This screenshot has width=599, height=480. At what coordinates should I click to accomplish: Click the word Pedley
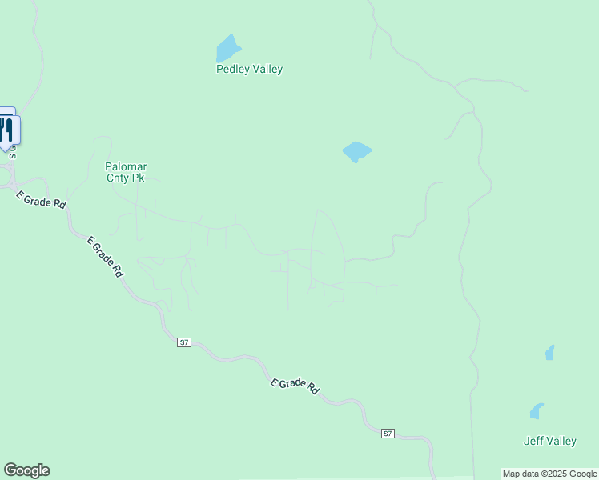[233, 70]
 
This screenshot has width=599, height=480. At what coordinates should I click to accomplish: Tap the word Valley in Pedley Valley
[267, 70]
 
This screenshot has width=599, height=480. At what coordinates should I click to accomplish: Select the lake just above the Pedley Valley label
[227, 49]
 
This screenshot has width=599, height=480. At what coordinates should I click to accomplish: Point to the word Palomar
[127, 166]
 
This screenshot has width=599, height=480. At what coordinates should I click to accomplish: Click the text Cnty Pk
[127, 178]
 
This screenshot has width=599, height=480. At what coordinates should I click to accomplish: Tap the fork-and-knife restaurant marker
[7, 129]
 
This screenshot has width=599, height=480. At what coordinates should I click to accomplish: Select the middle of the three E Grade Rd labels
[105, 256]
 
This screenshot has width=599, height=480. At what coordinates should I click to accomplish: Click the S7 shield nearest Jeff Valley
[388, 433]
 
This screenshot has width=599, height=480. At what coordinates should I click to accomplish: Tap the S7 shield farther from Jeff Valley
[184, 342]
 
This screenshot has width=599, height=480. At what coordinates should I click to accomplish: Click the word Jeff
[534, 441]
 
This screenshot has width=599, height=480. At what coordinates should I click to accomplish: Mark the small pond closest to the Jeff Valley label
[537, 411]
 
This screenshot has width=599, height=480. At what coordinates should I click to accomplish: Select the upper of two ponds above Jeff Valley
[549, 352]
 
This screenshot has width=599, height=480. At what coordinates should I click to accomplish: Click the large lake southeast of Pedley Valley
[356, 150]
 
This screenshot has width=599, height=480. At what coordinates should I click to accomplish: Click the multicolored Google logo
[26, 470]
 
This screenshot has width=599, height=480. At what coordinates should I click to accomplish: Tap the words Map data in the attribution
[521, 474]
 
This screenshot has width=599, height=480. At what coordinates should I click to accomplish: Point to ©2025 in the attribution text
[550, 474]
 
